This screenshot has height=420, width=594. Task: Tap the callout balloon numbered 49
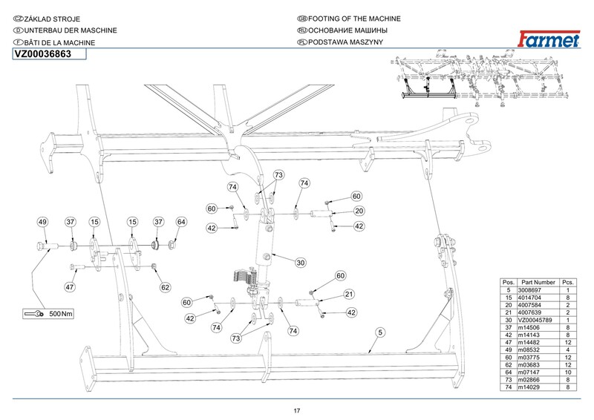43,222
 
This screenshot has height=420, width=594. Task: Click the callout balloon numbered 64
181,222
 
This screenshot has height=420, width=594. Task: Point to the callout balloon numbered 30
301,263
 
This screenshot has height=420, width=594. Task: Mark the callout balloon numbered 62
166,286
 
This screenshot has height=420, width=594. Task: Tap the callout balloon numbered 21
348,295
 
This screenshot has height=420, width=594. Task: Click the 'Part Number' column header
538,283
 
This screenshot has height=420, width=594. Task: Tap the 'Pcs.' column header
568,283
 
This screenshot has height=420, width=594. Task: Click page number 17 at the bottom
297,411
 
